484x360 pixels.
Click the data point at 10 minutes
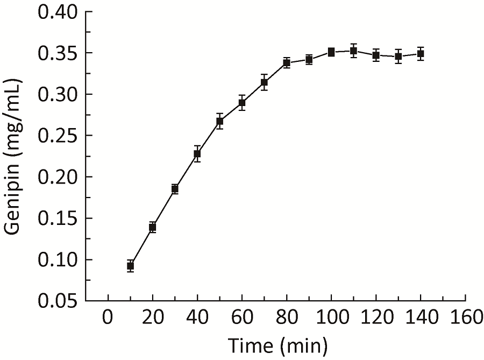tap(130, 266)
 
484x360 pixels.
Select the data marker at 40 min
tap(197, 154)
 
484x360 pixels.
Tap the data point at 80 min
tap(287, 63)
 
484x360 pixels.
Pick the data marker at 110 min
tap(353, 51)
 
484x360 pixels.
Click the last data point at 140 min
tap(421, 54)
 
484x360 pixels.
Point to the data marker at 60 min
tap(242, 103)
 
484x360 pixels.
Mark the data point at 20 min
tap(153, 227)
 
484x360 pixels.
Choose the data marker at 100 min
tap(331, 52)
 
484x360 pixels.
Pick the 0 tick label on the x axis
tap(108, 318)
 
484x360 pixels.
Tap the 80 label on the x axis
tap(287, 318)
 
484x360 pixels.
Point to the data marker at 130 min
tap(398, 57)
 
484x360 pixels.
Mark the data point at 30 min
tap(175, 189)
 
